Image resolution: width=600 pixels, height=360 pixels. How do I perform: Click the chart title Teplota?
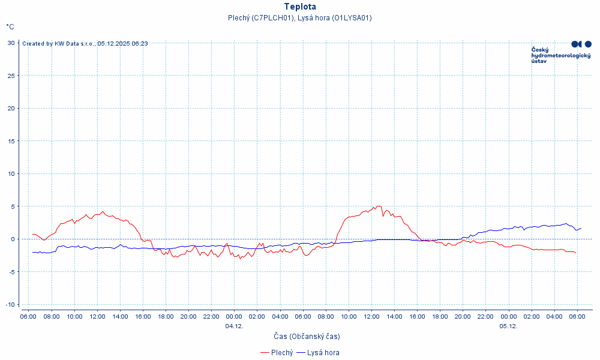(300, 7)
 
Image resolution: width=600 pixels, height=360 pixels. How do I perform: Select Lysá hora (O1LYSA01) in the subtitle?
(335, 18)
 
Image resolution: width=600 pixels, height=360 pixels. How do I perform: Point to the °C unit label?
(10, 27)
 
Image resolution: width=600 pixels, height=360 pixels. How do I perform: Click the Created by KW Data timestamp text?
(85, 43)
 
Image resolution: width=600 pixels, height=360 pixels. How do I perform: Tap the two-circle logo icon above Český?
(581, 44)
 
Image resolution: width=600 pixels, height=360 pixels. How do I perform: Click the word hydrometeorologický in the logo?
(561, 55)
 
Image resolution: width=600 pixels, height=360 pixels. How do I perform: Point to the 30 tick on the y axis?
(11, 43)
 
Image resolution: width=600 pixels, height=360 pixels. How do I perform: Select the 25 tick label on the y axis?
(11, 76)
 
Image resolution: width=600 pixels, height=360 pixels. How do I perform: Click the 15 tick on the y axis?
(11, 141)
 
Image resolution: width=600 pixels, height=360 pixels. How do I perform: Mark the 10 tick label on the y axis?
(11, 173)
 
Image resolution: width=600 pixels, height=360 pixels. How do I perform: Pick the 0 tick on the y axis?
(13, 239)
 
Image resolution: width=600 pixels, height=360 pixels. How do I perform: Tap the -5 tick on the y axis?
(12, 272)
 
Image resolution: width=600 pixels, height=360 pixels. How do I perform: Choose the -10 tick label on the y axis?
(10, 304)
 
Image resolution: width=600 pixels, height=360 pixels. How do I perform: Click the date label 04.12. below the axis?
(234, 326)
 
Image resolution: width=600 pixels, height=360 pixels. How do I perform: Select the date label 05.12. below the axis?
(508, 326)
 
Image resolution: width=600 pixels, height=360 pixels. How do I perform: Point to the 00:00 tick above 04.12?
(234, 316)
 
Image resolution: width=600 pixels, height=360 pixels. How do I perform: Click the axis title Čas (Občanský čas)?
(307, 337)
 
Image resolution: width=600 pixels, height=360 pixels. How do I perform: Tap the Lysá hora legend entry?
(322, 353)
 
